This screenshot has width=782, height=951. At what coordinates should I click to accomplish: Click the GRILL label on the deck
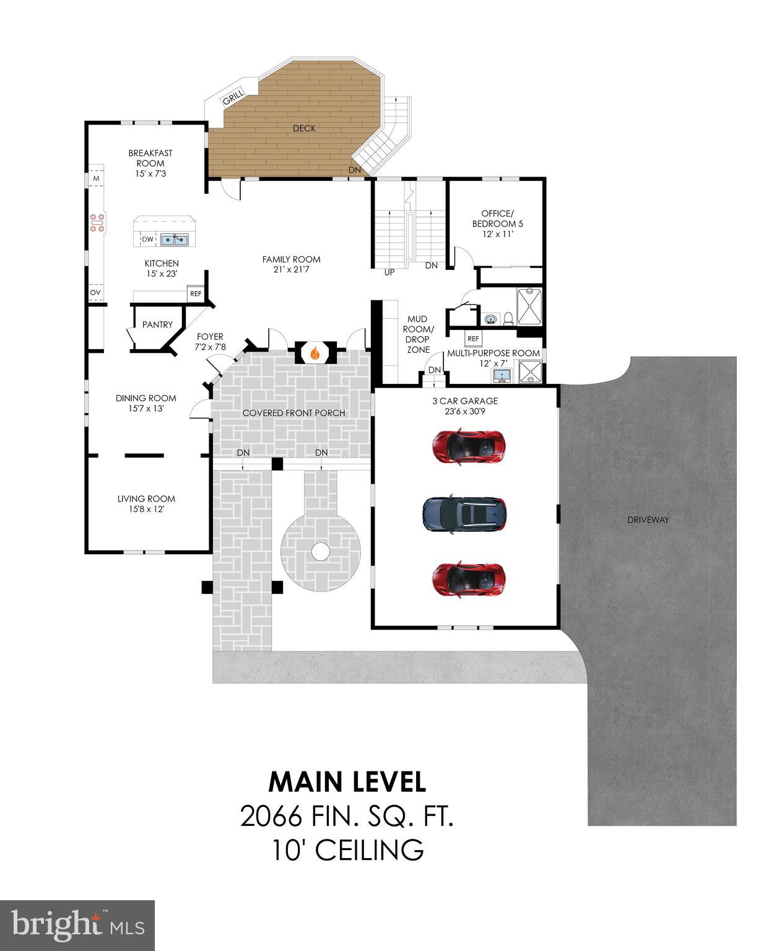pyautogui.click(x=233, y=98)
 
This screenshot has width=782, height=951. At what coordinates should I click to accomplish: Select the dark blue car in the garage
pyautogui.click(x=464, y=514)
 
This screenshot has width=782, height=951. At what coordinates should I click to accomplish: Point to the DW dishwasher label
pyautogui.click(x=147, y=240)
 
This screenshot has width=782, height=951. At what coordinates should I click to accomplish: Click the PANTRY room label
pyautogui.click(x=157, y=324)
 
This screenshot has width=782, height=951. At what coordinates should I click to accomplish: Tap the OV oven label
pyautogui.click(x=95, y=293)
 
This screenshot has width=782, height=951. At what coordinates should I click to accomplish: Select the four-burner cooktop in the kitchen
pyautogui.click(x=98, y=223)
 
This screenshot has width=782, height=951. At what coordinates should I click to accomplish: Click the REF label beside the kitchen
pyautogui.click(x=196, y=293)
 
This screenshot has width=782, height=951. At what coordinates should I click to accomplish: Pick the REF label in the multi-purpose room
pyautogui.click(x=473, y=339)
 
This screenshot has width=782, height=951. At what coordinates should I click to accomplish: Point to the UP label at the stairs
pyautogui.click(x=389, y=272)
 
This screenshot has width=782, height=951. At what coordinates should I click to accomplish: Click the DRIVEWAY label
pyautogui.click(x=648, y=519)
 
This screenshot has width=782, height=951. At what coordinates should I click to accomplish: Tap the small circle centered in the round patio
pyautogui.click(x=320, y=550)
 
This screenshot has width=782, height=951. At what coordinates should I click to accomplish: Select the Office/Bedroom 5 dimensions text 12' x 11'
pyautogui.click(x=497, y=234)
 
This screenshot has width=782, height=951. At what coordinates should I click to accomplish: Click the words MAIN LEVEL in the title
pyautogui.click(x=347, y=782)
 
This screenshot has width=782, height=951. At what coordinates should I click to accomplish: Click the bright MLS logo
pyautogui.click(x=77, y=925)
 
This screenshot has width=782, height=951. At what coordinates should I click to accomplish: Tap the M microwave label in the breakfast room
pyautogui.click(x=95, y=178)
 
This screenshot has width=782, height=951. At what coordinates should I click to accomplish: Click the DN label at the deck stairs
pyautogui.click(x=354, y=170)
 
